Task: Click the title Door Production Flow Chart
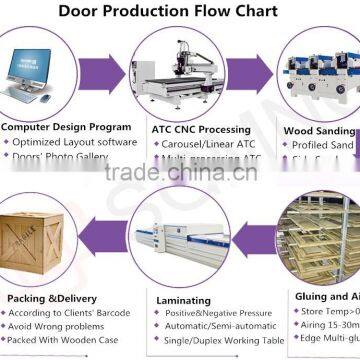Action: click(179, 12)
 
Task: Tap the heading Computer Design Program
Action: click(66, 128)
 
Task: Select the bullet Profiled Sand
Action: click(325, 144)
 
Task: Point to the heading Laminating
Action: click(183, 299)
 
